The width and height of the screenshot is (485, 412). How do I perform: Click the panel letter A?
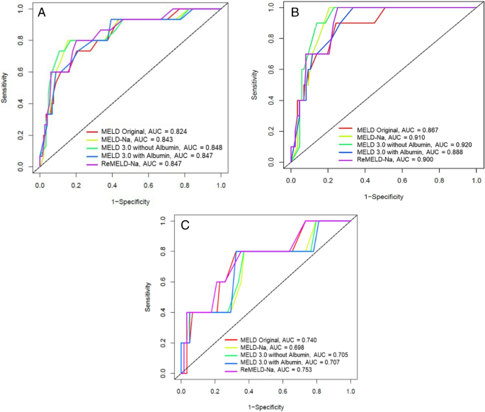pyautogui.click(x=43, y=13)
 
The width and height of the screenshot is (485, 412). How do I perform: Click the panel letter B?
pyautogui.click(x=292, y=13)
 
